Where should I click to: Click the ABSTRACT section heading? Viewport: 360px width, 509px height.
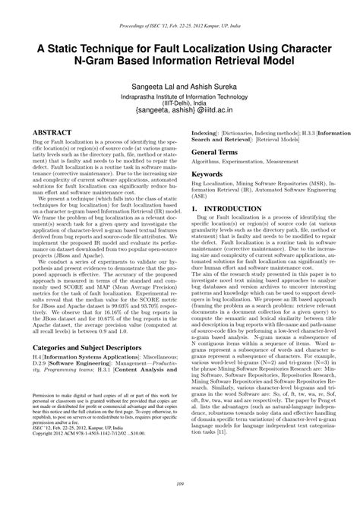pos(52,131)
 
